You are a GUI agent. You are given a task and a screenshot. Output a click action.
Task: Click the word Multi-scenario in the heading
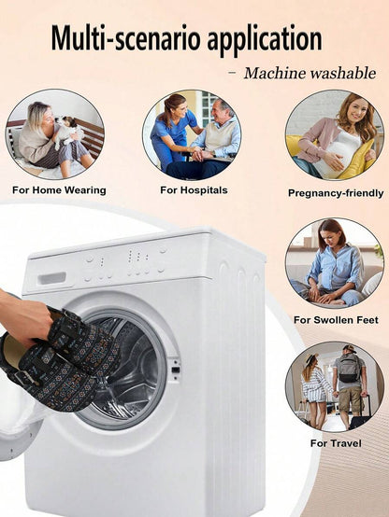(126, 38)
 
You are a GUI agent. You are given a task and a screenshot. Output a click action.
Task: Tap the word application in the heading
(265, 40)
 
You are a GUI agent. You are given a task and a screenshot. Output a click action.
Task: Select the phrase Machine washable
(310, 73)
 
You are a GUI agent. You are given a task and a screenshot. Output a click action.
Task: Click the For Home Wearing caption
(59, 190)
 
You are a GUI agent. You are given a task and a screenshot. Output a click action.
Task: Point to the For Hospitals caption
(194, 190)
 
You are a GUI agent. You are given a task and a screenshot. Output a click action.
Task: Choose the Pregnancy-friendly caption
(336, 193)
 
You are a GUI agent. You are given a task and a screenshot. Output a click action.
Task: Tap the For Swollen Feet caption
(336, 320)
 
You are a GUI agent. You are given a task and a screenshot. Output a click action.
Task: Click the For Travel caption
(336, 443)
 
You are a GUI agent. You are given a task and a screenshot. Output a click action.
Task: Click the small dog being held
(66, 132)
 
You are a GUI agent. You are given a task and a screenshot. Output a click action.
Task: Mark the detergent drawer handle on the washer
(51, 278)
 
